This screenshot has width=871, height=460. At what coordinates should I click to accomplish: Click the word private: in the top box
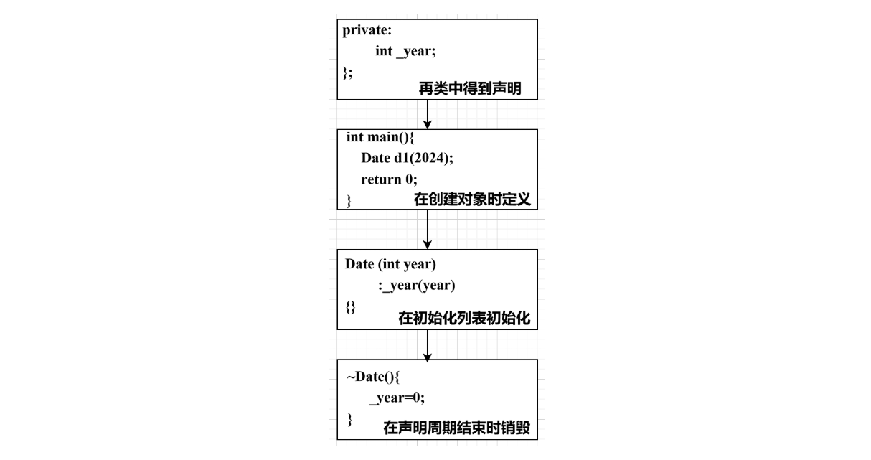pyautogui.click(x=367, y=31)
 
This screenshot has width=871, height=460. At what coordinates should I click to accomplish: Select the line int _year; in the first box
pyautogui.click(x=405, y=52)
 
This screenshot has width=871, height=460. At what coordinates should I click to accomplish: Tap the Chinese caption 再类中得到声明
pyautogui.click(x=470, y=89)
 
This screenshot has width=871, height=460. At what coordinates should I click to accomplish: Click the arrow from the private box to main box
pyautogui.click(x=428, y=114)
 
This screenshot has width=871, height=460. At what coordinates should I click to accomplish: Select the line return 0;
pyautogui.click(x=389, y=179)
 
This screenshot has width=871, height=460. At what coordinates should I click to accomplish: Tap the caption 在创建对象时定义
pyautogui.click(x=472, y=200)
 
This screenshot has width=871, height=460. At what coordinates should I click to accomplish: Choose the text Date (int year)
pyautogui.click(x=390, y=264)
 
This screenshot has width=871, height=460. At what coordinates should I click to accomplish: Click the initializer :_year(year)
pyautogui.click(x=417, y=286)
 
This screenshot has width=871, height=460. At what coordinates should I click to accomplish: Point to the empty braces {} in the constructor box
pyautogui.click(x=350, y=306)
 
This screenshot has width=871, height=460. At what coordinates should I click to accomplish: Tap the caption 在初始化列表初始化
pyautogui.click(x=464, y=319)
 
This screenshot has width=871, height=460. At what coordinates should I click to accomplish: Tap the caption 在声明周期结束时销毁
pyautogui.click(x=456, y=428)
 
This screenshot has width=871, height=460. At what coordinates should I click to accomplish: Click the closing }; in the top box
pyautogui.click(x=347, y=72)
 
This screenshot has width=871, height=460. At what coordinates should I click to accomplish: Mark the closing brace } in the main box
pyautogui.click(x=349, y=200)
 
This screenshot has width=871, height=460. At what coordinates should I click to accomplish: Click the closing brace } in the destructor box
pyautogui.click(x=349, y=418)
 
